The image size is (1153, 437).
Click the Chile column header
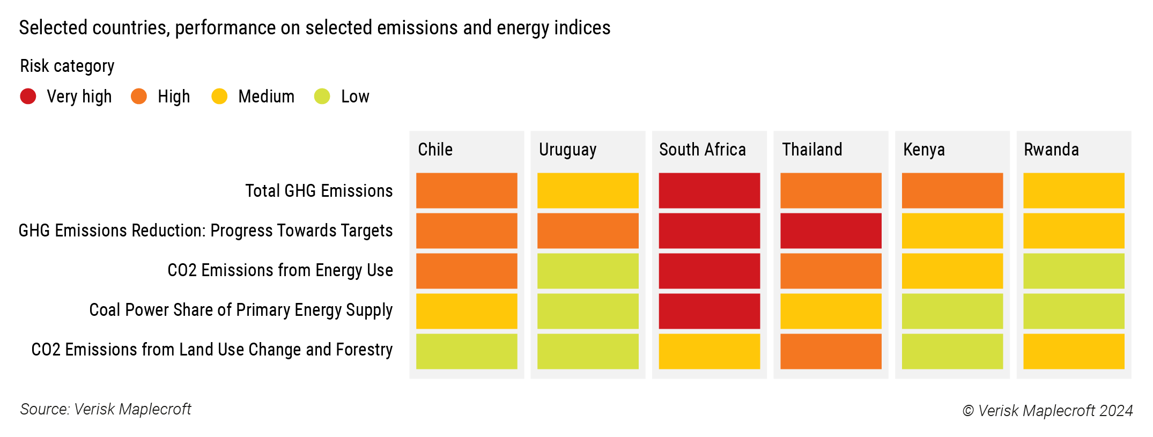tap(435, 150)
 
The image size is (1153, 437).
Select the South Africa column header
tap(702, 150)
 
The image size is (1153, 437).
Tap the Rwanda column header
tap(1051, 150)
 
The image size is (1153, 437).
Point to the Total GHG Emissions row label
tap(319, 191)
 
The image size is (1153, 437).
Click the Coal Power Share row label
tap(241, 310)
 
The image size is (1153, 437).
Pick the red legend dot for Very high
tap(28, 97)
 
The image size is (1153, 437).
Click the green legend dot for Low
tap(322, 97)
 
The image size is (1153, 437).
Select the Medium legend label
tap(266, 97)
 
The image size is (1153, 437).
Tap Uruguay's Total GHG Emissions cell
tap(588, 190)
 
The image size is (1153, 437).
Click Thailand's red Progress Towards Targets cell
tap(831, 231)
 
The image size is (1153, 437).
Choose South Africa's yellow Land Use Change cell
tap(709, 351)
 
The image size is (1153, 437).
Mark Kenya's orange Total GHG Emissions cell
tap(952, 190)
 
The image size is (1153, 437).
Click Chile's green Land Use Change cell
tap(467, 351)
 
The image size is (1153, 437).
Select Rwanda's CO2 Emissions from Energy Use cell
tap(1074, 271)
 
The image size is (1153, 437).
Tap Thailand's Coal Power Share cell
tap(831, 311)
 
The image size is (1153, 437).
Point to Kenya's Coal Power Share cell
tap(952, 311)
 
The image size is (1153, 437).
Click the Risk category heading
tap(67, 66)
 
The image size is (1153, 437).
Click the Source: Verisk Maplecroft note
tap(106, 409)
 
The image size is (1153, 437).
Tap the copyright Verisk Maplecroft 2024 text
tap(1047, 411)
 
